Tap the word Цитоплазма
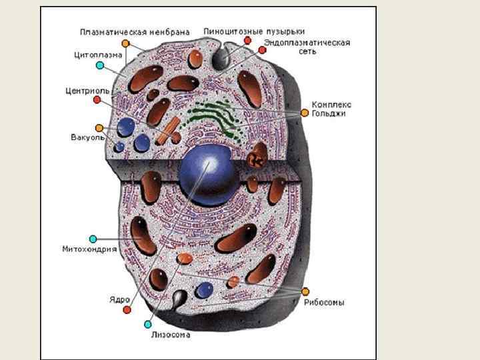coord(96,55)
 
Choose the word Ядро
coord(119,299)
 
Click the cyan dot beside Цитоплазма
coord(99,65)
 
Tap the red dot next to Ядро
coord(127,309)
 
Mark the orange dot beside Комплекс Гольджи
coord(305,113)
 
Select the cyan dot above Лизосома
coord(148,324)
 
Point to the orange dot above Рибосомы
coord(305,291)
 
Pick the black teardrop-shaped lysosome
coord(180,298)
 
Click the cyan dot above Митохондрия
coord(93,239)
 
